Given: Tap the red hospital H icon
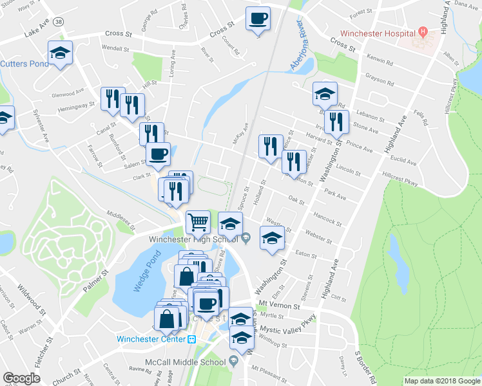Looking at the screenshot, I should (423, 31).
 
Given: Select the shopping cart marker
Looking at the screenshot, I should (198, 223).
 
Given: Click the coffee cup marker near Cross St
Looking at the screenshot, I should (258, 19).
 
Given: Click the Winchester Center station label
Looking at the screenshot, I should (151, 339).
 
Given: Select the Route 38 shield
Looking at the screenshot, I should (59, 21).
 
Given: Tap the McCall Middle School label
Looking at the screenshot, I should (184, 362).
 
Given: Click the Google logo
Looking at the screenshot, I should (22, 378).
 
